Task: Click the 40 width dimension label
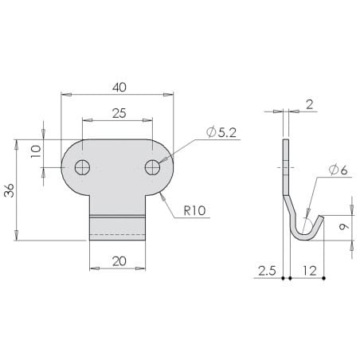coord(119,88)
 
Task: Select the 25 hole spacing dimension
coord(119,113)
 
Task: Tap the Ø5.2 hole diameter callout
coord(221,132)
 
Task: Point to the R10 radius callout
coord(194,210)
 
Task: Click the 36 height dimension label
coord(10,190)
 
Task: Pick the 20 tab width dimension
coord(119,261)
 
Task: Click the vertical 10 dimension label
coord(36,151)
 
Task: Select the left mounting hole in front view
coord(82,167)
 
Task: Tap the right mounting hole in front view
coord(152,167)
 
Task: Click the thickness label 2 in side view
coord(310,104)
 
